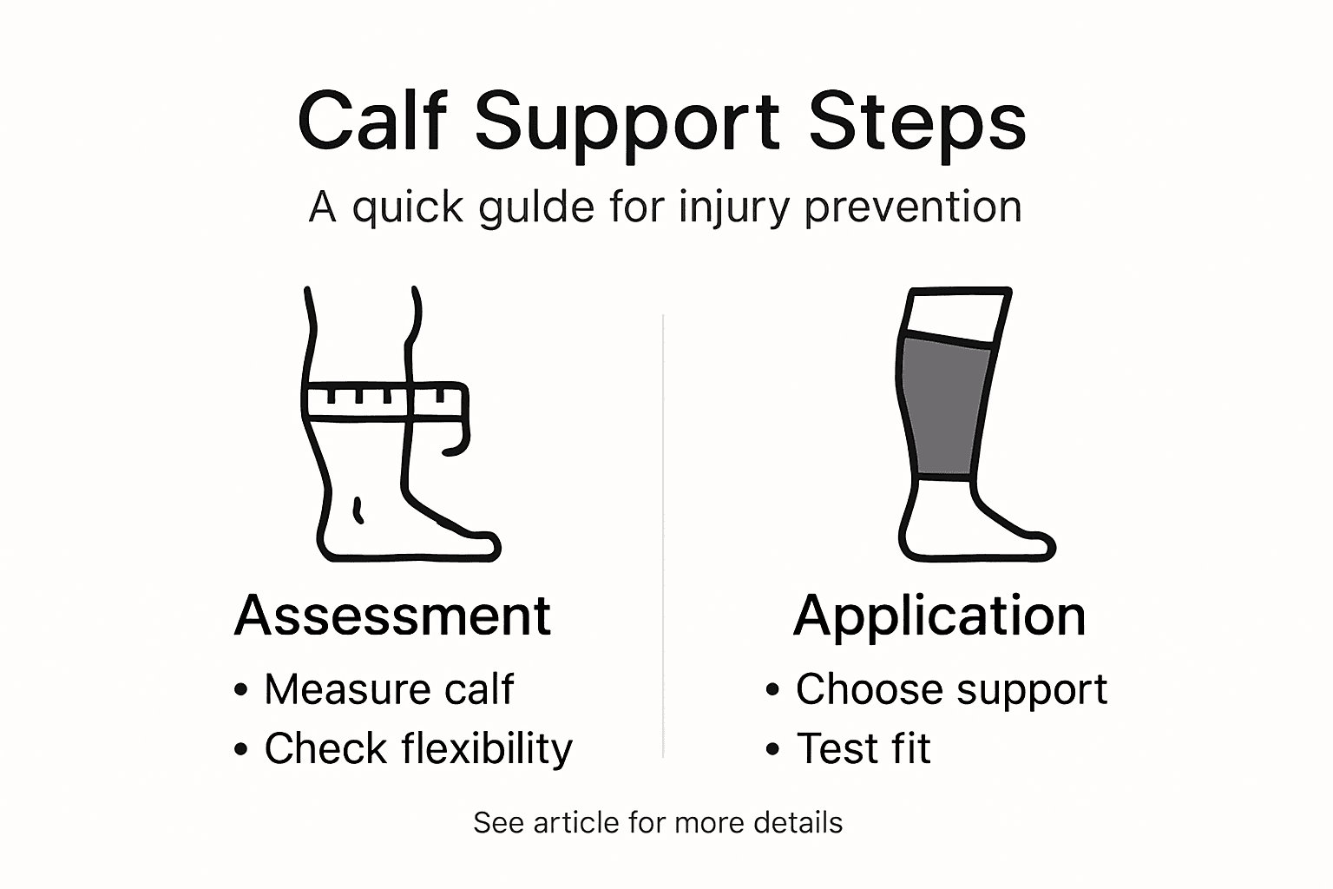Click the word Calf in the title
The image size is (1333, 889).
point(371,122)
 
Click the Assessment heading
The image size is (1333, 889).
point(392,616)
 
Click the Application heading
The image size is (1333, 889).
point(939,616)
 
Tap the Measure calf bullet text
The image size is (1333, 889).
point(389,689)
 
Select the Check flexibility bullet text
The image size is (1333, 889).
point(418,748)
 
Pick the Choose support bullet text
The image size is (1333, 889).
point(951,689)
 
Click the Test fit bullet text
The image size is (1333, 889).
point(863,748)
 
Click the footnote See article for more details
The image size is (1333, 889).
point(658,822)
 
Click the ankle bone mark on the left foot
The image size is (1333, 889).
point(357,510)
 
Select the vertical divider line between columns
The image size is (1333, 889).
point(664,538)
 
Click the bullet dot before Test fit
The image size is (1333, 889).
point(772,749)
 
